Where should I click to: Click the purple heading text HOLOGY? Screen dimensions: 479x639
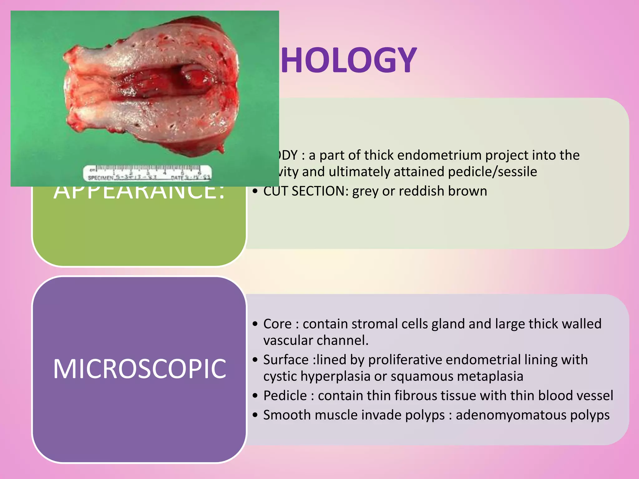pyautogui.click(x=349, y=60)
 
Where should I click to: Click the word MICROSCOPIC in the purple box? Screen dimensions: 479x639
pyautogui.click(x=139, y=369)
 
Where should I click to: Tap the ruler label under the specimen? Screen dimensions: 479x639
pyautogui.click(x=147, y=173)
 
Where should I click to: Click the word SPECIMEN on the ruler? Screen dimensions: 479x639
pyautogui.click(x=100, y=178)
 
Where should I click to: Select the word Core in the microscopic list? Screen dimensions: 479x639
pyautogui.click(x=277, y=324)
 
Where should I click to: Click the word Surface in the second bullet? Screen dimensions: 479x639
pyautogui.click(x=286, y=360)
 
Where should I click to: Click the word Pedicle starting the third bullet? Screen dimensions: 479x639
pyautogui.click(x=285, y=396)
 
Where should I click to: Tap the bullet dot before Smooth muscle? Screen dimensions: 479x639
pyautogui.click(x=256, y=415)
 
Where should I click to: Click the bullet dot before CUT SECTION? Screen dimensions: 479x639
pyautogui.click(x=256, y=191)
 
